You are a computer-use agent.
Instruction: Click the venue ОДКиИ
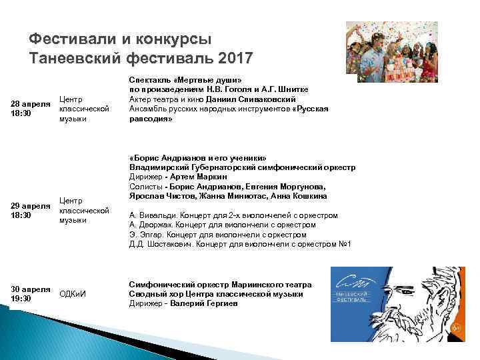click(73, 294)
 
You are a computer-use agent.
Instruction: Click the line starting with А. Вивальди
click(233, 215)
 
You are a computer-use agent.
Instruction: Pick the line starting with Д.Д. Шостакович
click(239, 244)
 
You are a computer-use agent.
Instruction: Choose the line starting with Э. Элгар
click(217, 235)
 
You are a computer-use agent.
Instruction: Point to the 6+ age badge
click(456, 327)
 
